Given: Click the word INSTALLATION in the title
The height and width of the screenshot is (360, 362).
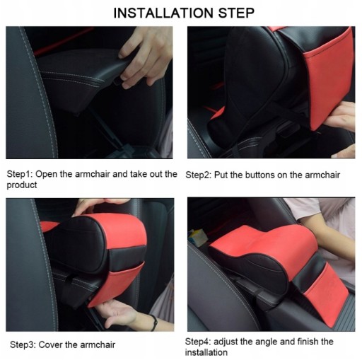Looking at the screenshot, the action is click(164, 13).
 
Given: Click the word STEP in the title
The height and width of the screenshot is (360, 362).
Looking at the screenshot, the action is click(236, 13).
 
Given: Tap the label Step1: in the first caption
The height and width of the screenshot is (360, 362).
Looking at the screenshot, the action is click(20, 174).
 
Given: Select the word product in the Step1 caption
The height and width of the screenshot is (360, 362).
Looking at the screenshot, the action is click(22, 185).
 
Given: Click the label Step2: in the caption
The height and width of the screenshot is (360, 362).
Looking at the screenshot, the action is click(199, 175).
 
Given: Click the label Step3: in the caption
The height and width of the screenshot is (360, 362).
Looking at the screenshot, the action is click(23, 344).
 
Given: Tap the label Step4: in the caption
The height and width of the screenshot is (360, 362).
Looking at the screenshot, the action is click(198, 342).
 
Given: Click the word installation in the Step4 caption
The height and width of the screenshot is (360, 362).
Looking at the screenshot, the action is click(206, 352).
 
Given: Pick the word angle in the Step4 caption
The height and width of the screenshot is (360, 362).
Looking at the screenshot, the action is click(267, 342).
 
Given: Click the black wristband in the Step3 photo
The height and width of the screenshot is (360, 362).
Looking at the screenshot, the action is click(154, 323).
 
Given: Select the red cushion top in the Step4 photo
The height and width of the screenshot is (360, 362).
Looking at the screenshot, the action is click(264, 246).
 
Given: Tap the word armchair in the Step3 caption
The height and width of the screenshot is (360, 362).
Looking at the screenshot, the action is click(98, 344).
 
